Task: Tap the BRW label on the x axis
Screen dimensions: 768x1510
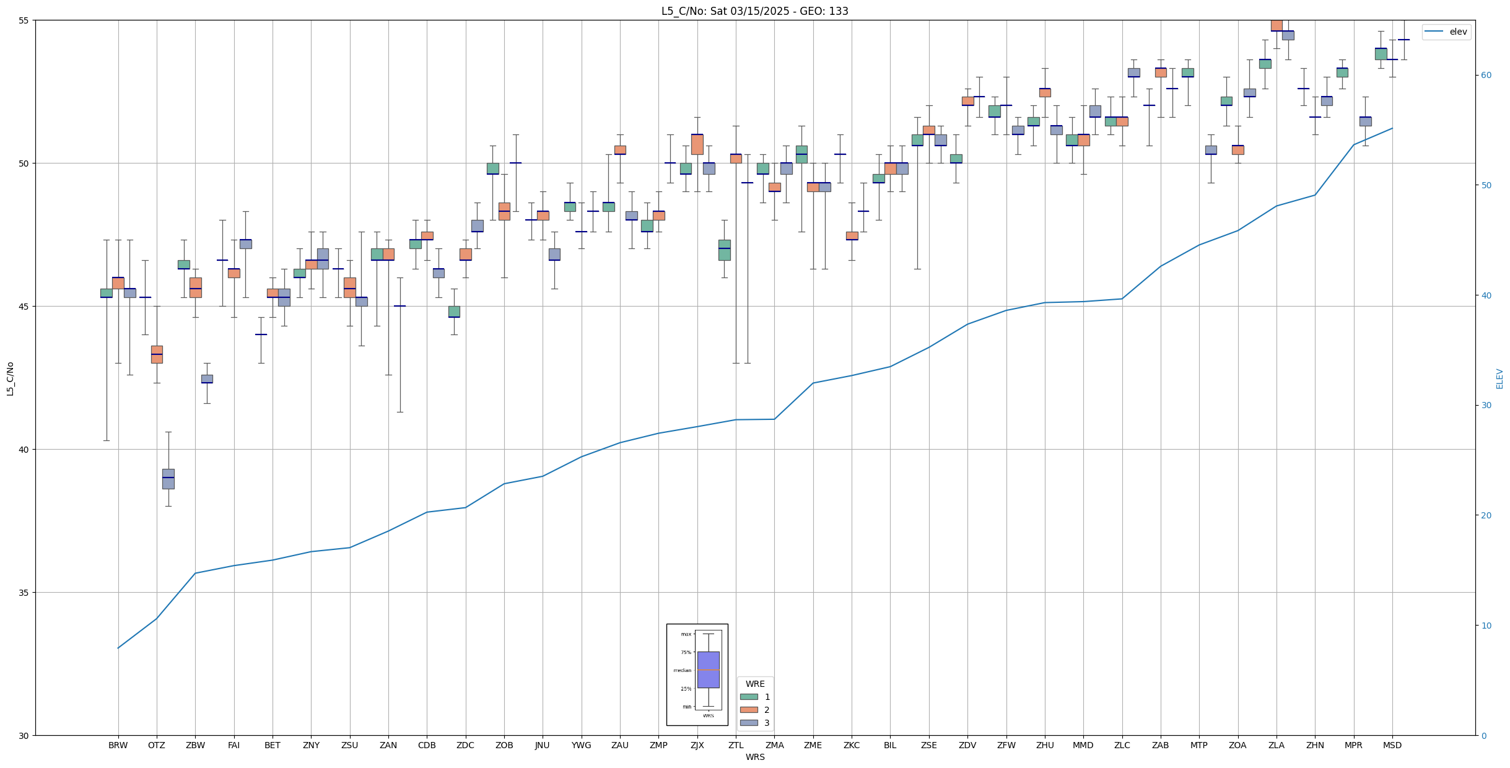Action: coord(118,745)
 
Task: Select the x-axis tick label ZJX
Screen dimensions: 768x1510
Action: coord(697,745)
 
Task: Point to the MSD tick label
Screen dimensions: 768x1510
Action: coord(1392,745)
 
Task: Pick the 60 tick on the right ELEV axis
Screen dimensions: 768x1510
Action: coord(1485,76)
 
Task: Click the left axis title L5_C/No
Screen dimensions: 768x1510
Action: coord(10,378)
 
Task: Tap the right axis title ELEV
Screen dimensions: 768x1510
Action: coord(1499,378)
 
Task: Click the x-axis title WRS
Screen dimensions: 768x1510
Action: coord(754,757)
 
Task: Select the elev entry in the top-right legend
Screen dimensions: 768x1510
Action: coord(1458,32)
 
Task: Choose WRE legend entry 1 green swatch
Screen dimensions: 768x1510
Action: coord(749,697)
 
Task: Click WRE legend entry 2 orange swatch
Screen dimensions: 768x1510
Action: coord(749,710)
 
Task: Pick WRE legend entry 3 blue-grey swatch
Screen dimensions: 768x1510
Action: coord(749,723)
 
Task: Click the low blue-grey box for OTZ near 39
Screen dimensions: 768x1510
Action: coord(168,479)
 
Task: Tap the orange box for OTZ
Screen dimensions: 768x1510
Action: coord(157,354)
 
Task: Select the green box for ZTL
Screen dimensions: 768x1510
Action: coord(724,250)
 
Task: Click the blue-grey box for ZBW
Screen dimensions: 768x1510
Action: coord(207,378)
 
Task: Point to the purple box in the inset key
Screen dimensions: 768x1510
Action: coord(708,670)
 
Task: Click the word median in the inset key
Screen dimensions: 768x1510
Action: coord(682,670)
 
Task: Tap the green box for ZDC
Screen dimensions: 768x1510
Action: coord(454,312)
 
